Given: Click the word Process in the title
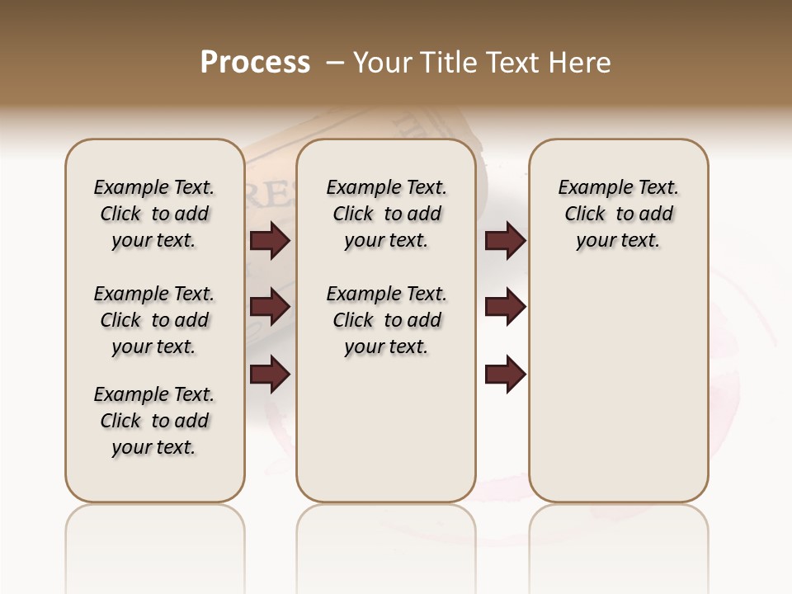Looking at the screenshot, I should (255, 63).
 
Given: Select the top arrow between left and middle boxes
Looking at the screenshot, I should (270, 240).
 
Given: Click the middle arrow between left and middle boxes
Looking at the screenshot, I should (270, 307).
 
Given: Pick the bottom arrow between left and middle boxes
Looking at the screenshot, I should (270, 375).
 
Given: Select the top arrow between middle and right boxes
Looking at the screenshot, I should (505, 240).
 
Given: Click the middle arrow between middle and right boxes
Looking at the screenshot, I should (505, 307).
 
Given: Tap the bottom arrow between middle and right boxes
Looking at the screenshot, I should (505, 375).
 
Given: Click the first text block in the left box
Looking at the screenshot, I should (154, 214).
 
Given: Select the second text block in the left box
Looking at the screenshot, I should (154, 320).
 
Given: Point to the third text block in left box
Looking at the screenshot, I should (154, 421).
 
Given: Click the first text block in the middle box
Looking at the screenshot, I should (386, 214).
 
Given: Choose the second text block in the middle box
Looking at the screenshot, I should (386, 320).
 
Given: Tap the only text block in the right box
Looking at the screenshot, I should (618, 214).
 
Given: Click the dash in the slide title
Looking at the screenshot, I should (335, 63).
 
